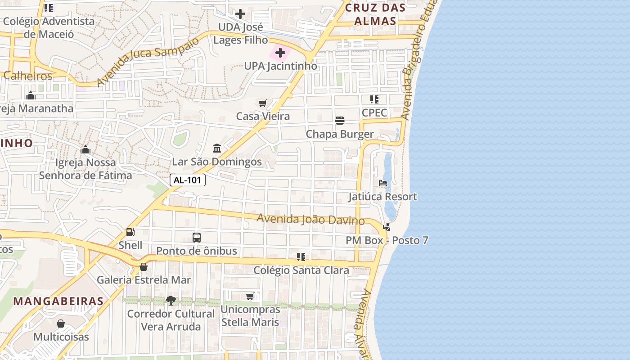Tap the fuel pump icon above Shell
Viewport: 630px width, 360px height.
130,232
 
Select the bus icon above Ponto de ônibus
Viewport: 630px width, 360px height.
197,238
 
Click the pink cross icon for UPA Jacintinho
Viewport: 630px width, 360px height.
280,53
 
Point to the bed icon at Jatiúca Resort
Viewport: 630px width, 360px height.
383,183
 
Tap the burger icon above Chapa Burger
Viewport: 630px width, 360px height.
340,121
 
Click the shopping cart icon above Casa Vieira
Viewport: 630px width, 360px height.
263,103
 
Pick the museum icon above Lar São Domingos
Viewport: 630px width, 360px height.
217,148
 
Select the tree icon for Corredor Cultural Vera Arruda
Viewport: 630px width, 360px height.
171,300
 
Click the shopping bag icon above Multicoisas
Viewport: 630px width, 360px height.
61,324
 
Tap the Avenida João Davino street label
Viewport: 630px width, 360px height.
310,220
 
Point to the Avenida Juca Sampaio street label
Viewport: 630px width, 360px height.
147,62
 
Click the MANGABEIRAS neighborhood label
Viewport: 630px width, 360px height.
58,301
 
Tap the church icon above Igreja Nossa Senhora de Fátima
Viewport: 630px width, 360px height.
85,149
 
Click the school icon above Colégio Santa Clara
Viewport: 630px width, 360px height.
301,257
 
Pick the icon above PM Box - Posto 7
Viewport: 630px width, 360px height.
387,227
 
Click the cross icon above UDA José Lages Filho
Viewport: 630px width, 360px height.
240,14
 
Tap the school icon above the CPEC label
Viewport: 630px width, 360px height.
374,99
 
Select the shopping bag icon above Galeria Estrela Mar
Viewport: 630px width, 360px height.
144,267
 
